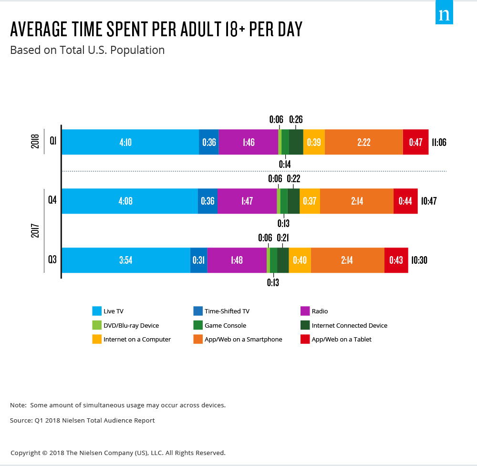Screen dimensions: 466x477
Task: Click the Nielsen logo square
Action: point(444,14)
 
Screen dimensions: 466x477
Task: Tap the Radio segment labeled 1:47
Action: point(247,201)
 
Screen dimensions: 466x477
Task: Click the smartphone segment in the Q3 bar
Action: point(347,260)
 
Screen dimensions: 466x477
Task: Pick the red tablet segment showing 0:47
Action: point(415,142)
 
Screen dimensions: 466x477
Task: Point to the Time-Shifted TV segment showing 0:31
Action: point(198,260)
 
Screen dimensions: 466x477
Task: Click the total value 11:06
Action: point(439,142)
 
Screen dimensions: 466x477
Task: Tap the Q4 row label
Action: point(52,201)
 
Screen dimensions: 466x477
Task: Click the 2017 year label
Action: point(35,230)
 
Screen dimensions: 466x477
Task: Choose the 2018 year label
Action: point(35,142)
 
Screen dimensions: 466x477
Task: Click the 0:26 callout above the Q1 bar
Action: point(296,120)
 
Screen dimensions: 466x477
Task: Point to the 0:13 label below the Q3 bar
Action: point(273,282)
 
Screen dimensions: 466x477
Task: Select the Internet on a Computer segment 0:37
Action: point(310,201)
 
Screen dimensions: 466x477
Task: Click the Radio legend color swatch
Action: point(305,311)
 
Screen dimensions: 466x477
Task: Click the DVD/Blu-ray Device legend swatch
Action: point(97,326)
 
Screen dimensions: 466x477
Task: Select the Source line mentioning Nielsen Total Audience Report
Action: point(83,421)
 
